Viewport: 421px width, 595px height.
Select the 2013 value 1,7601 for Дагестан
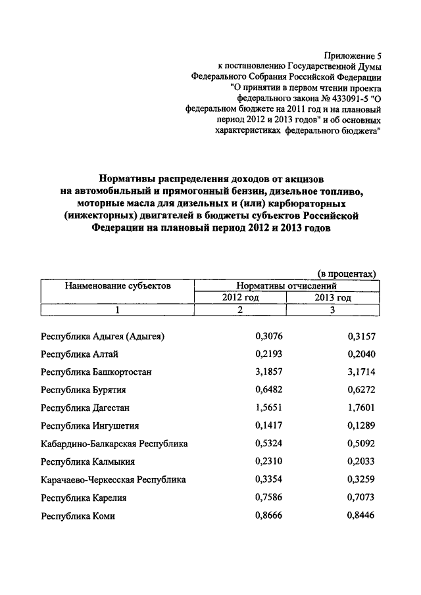(360, 408)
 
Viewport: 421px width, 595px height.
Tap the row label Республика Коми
(78, 516)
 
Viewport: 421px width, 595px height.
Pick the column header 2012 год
(240, 298)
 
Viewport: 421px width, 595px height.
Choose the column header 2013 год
(333, 298)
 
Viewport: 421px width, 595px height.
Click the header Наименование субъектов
(118, 286)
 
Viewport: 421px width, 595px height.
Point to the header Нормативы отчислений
(287, 286)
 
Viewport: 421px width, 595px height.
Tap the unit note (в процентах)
(347, 274)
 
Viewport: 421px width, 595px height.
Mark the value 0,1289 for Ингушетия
(360, 426)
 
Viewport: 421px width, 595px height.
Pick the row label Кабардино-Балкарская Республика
(114, 444)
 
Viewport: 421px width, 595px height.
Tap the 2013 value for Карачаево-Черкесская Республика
(360, 480)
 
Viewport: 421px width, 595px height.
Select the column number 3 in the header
(333, 310)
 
